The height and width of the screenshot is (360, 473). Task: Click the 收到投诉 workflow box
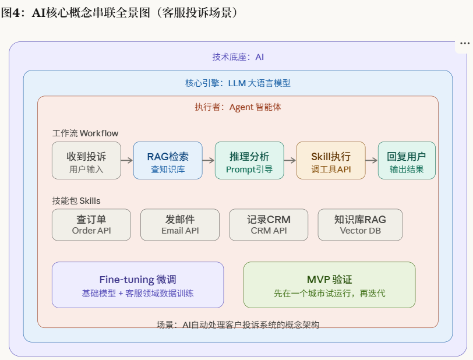[86, 160]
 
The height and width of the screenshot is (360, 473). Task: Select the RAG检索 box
[168, 160]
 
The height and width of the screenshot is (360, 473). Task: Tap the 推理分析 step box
[249, 160]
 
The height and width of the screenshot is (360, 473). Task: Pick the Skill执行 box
[331, 160]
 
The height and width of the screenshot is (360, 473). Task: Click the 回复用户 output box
[407, 160]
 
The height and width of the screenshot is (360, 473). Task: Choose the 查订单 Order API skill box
[91, 225]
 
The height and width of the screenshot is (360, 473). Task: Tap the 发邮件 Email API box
[180, 225]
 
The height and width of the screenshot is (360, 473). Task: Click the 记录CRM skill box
[269, 225]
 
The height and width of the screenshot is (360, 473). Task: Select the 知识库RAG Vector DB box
[360, 225]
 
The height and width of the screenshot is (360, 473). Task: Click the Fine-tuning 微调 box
[137, 285]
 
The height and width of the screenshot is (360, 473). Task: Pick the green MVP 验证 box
[329, 285]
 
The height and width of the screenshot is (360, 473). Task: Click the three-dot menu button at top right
[465, 44]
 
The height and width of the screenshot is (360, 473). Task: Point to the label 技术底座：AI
[238, 57]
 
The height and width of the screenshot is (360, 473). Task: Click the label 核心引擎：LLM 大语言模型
[238, 83]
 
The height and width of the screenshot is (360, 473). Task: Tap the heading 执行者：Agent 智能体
[238, 107]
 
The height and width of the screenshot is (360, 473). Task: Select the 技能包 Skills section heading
[76, 201]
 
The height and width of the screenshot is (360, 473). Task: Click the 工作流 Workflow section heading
[85, 133]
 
